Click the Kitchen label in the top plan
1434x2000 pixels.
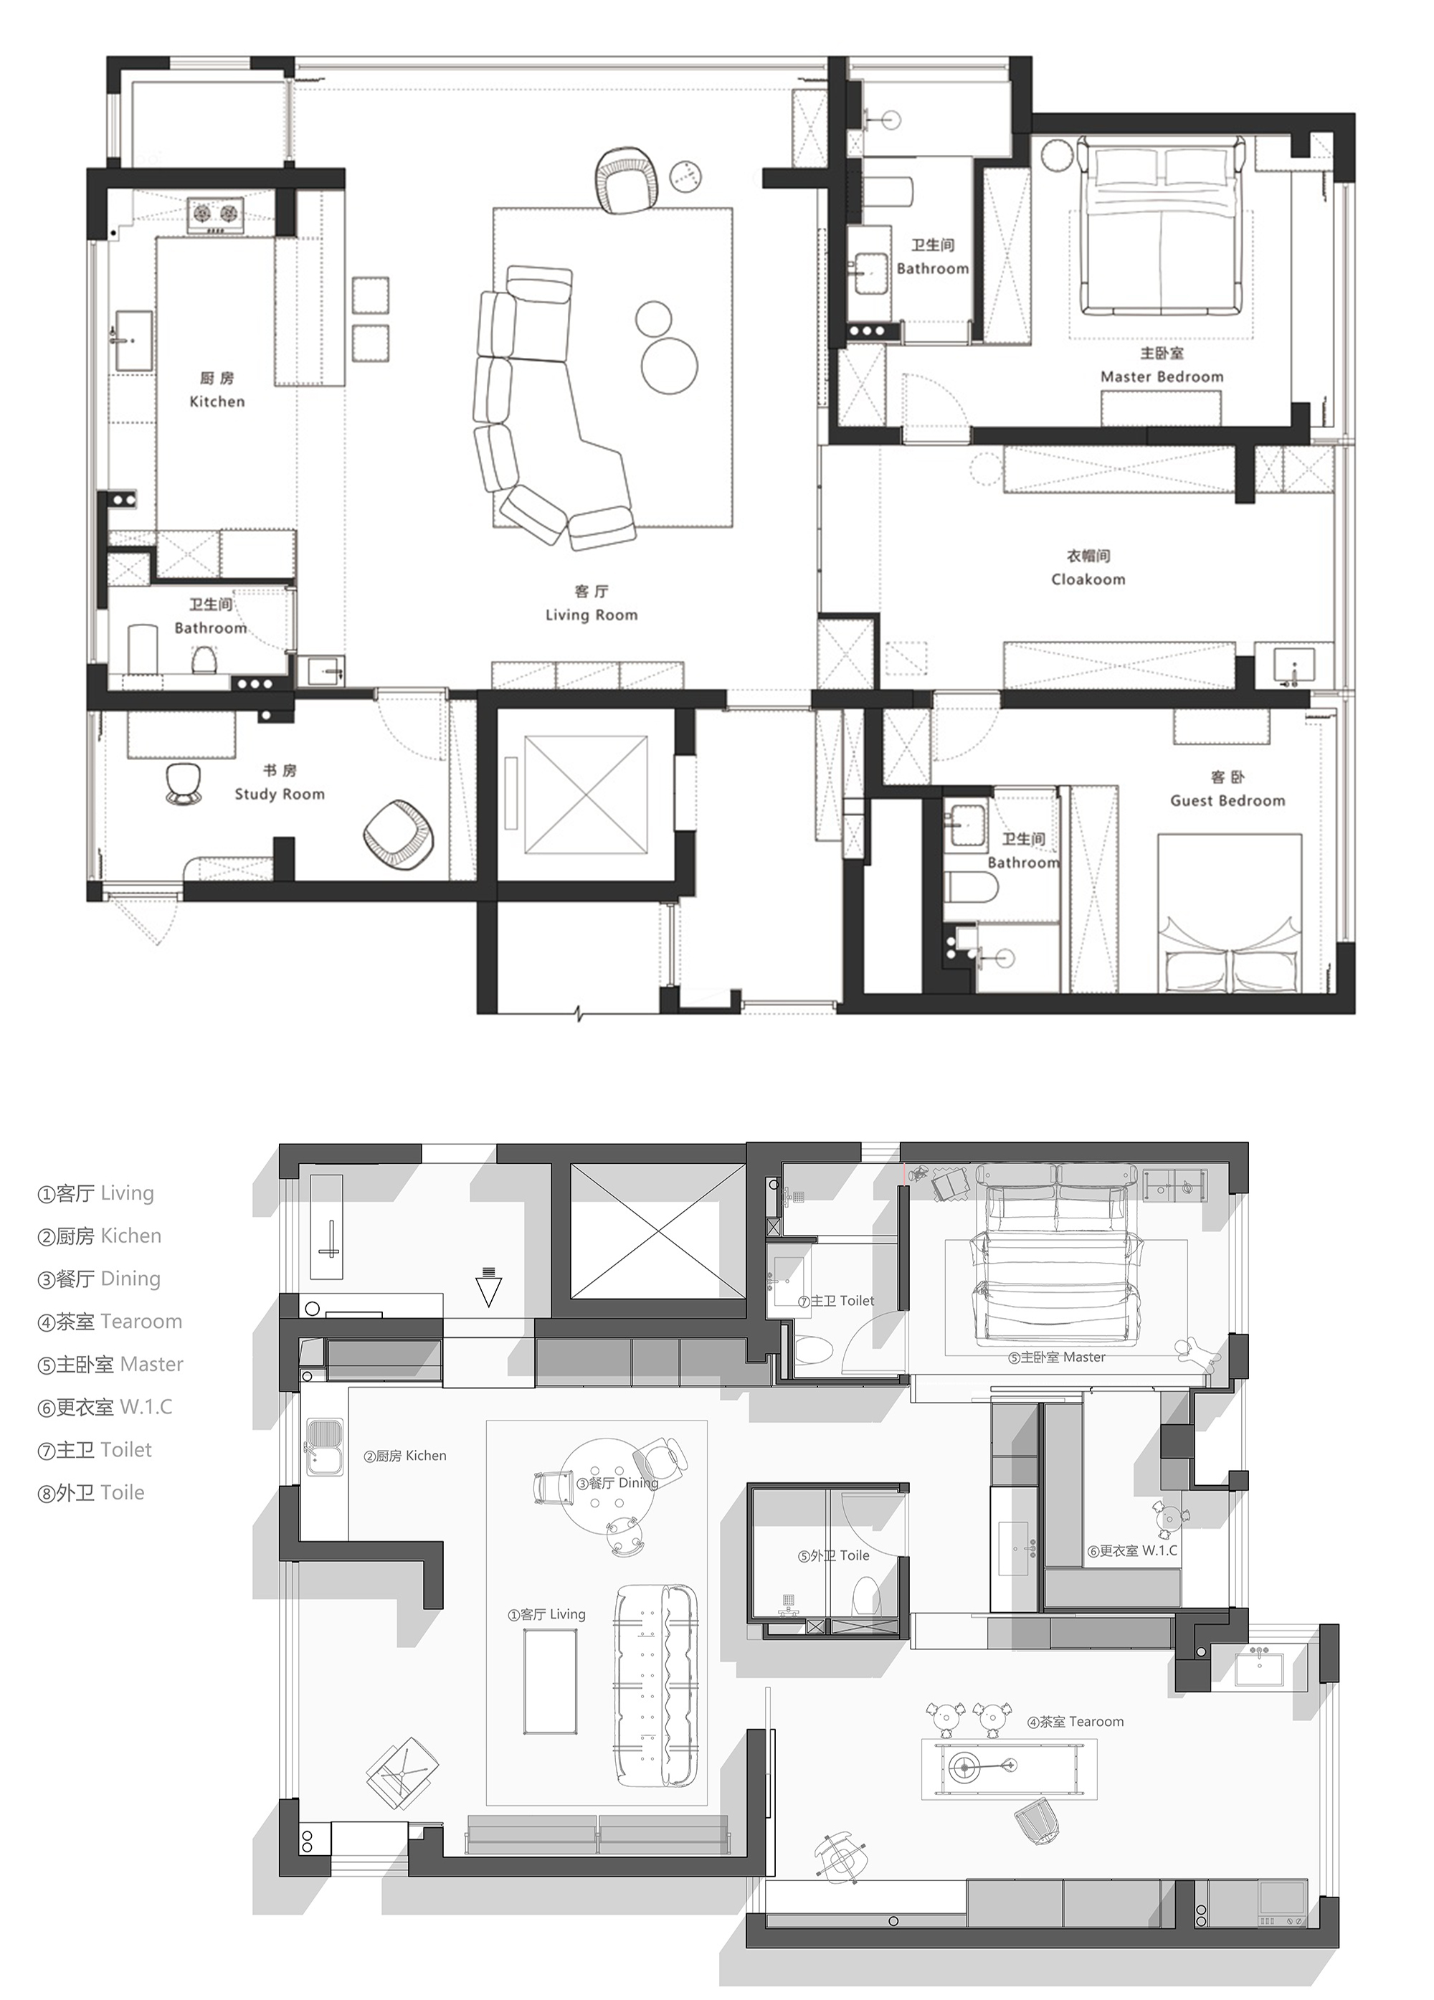[x=217, y=402]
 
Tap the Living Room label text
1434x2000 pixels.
[x=591, y=615]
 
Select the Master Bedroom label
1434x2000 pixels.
[x=1162, y=376]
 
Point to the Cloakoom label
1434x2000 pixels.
[x=1088, y=579]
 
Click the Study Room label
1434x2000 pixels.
[x=280, y=794]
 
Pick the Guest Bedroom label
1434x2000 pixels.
[x=1228, y=801]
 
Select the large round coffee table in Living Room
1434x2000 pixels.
[x=670, y=364]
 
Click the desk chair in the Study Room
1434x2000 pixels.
[x=184, y=784]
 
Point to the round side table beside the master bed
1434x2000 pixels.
[x=1055, y=156]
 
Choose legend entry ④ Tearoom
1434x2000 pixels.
[x=110, y=1321]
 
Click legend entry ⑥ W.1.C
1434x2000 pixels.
[x=105, y=1406]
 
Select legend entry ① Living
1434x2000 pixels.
[x=95, y=1193]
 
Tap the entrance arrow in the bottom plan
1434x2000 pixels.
[x=488, y=1286]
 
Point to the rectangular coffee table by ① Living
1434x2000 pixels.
[x=551, y=1682]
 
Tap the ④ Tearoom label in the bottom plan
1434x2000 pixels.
[x=1075, y=1721]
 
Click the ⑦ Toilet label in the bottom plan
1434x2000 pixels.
[x=836, y=1301]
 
